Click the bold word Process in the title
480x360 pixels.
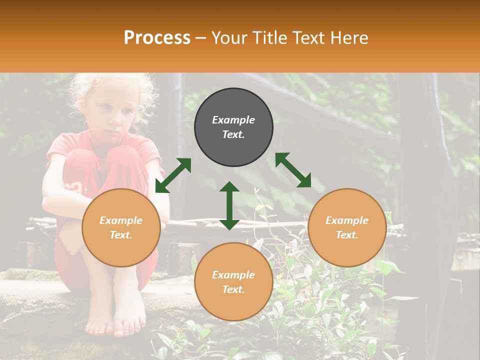[157, 38]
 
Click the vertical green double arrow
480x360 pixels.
[229, 205]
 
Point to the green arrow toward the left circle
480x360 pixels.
[173, 175]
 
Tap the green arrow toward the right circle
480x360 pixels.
[293, 170]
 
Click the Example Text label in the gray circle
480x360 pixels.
[233, 127]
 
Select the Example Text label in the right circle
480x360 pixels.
[347, 227]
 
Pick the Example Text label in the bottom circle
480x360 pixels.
[233, 282]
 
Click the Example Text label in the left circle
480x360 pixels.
[121, 227]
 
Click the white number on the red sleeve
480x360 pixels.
[75, 188]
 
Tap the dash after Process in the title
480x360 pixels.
[201, 38]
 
